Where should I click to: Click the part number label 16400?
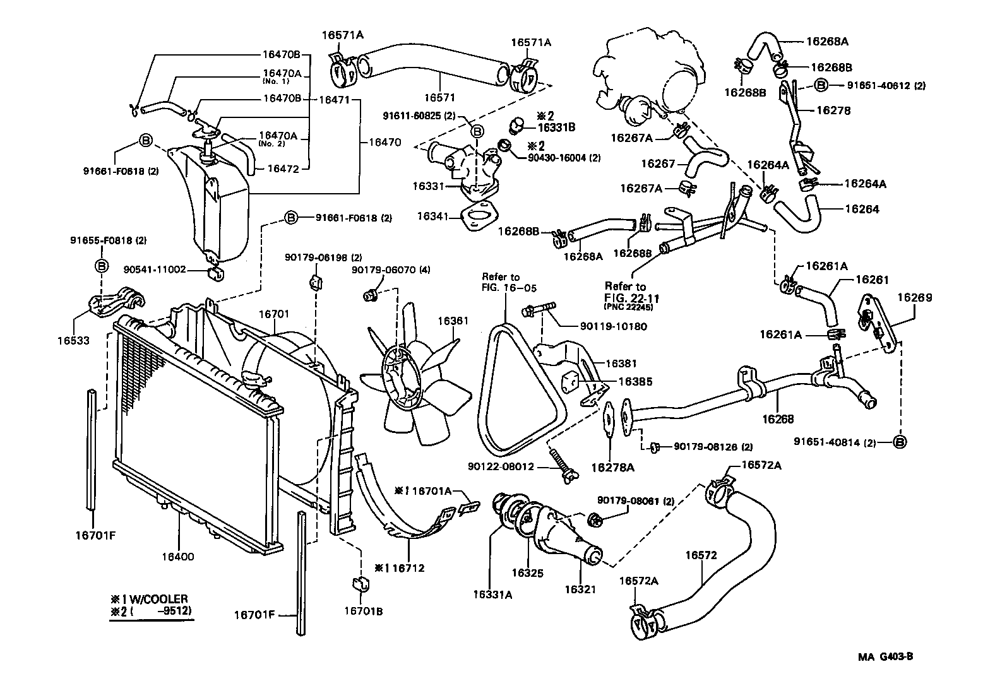(x=177, y=557)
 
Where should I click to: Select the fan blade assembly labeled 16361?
(x=414, y=379)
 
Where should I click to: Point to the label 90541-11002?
(x=155, y=269)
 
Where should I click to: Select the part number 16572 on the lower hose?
(x=701, y=555)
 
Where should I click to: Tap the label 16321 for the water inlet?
(x=580, y=589)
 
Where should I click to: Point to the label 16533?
(x=73, y=341)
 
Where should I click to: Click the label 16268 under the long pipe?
(x=778, y=418)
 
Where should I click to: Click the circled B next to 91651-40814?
(x=900, y=442)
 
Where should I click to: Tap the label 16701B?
(x=364, y=611)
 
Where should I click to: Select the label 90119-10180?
(x=613, y=326)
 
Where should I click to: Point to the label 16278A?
(x=612, y=468)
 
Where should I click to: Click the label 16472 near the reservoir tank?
(x=283, y=168)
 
